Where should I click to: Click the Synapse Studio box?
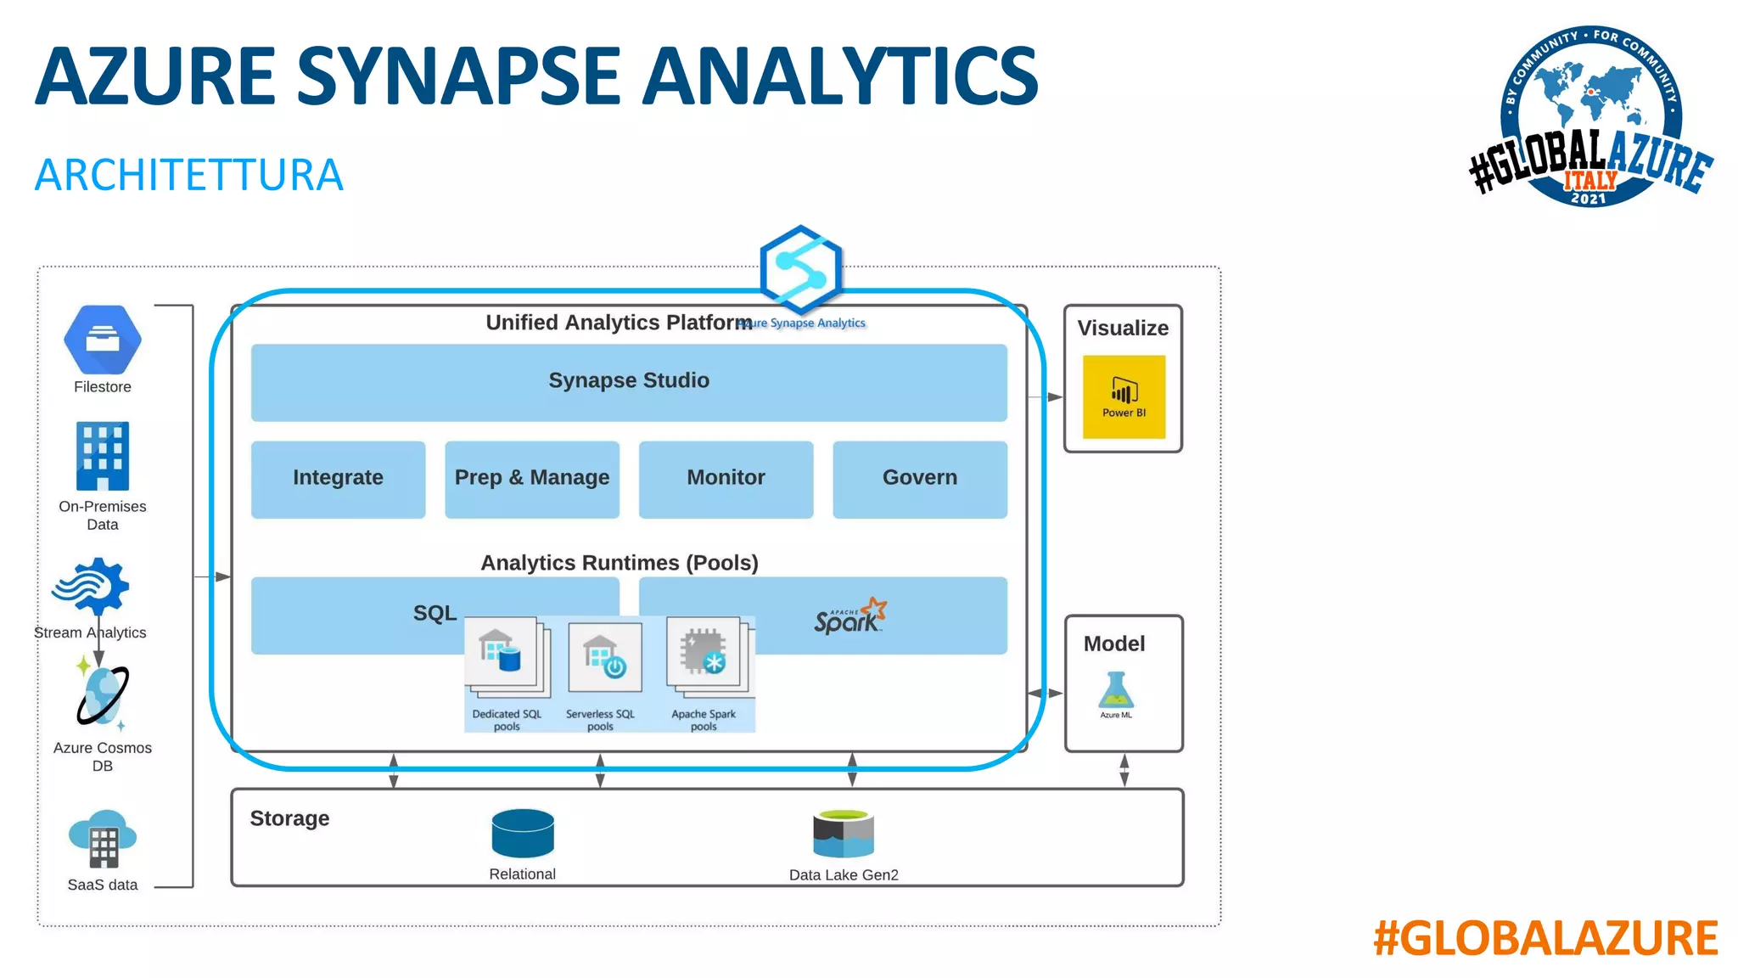(629, 381)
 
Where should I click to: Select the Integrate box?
(338, 478)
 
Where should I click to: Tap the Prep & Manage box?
(532, 478)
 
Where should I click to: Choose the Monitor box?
(726, 478)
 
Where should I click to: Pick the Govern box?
(920, 478)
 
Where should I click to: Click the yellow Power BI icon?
(1124, 396)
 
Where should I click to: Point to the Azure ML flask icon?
(1116, 690)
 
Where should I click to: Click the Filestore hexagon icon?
(103, 340)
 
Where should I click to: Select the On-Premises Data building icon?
(103, 456)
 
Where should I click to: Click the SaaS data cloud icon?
(103, 838)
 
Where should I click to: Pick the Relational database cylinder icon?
(523, 833)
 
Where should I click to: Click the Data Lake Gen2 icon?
(844, 834)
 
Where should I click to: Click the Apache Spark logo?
(849, 616)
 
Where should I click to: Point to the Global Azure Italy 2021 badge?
(1590, 117)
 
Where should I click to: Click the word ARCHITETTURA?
(188, 175)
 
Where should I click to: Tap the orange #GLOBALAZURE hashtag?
(1545, 938)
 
